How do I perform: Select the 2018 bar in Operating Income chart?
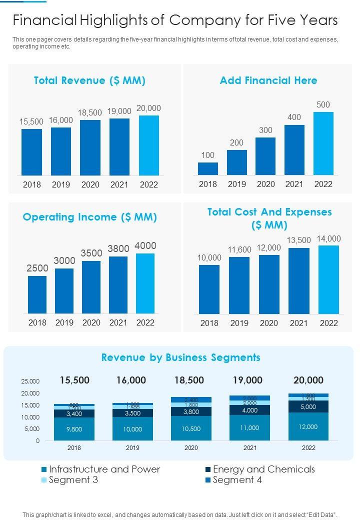click(37, 294)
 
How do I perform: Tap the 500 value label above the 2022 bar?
click(323, 104)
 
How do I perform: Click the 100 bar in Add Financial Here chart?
click(208, 168)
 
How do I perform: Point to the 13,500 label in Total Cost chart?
click(298, 240)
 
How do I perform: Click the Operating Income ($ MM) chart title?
click(90, 217)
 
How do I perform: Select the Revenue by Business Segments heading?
click(180, 357)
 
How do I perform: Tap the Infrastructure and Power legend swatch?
click(44, 469)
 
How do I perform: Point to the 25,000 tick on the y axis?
click(30, 381)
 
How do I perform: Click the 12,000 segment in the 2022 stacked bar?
click(308, 426)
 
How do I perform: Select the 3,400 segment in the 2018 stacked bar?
click(74, 413)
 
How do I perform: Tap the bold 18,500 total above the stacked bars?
click(189, 380)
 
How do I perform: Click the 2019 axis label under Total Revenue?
click(61, 184)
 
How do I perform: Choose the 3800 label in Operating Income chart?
click(118, 248)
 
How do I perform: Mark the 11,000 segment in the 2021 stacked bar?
click(249, 427)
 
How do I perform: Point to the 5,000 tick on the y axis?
click(31, 429)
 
